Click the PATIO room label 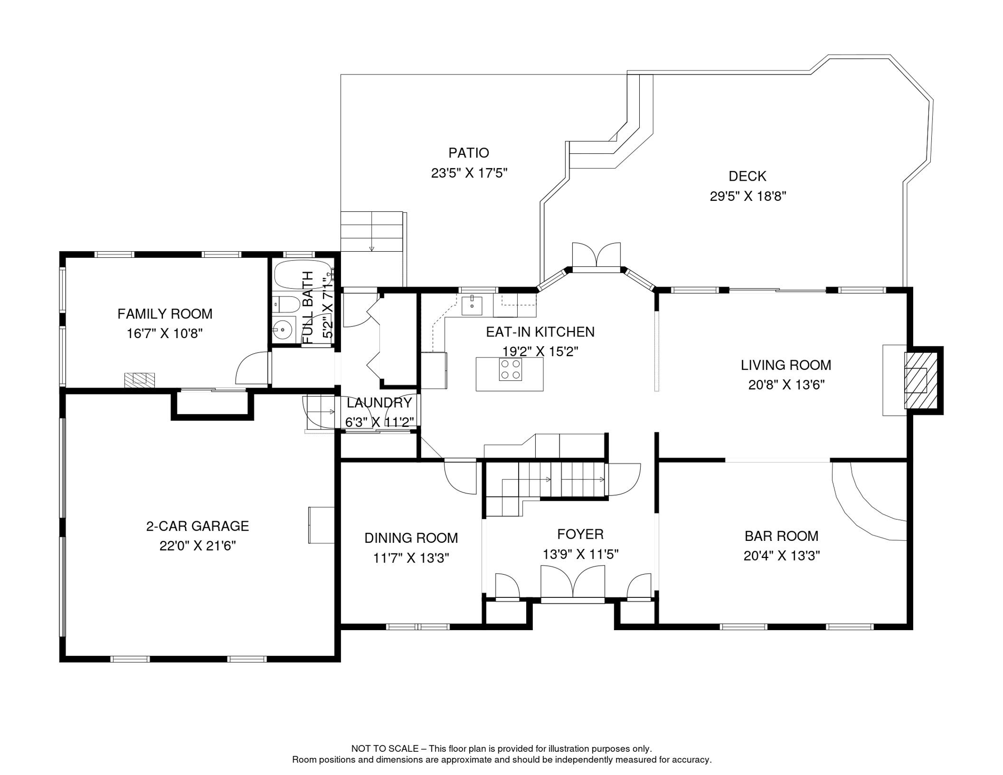469,153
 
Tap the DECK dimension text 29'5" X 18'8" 748,196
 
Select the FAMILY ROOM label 165,314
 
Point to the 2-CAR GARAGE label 198,526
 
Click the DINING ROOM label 411,538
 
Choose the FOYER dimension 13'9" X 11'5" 581,555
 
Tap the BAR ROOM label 782,536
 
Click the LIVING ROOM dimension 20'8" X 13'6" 787,385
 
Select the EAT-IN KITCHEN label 540,332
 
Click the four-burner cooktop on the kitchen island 511,369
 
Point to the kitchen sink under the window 472,305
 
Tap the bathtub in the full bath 302,274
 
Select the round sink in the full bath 283,331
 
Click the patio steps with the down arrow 372,232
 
